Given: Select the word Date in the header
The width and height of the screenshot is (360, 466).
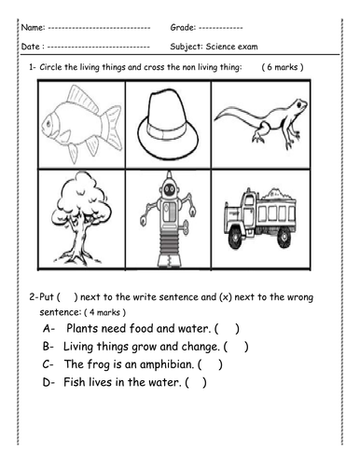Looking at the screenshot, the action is coord(31,46).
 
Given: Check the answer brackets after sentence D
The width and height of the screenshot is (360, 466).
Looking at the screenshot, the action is coord(195,382).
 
